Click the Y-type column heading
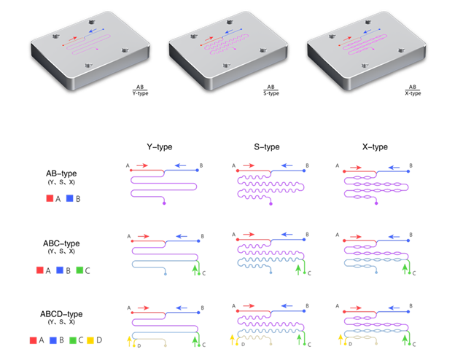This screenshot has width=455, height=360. point(159,146)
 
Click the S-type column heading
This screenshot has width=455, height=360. point(267,146)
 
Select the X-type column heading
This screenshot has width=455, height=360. point(373,146)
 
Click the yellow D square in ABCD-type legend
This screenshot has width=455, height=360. point(90,340)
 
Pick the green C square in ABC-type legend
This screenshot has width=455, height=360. point(79,270)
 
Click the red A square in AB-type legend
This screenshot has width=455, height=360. point(39,198)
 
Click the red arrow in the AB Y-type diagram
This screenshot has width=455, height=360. point(143,165)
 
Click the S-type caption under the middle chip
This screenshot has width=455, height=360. point(271,93)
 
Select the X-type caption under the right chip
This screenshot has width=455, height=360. point(413,93)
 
